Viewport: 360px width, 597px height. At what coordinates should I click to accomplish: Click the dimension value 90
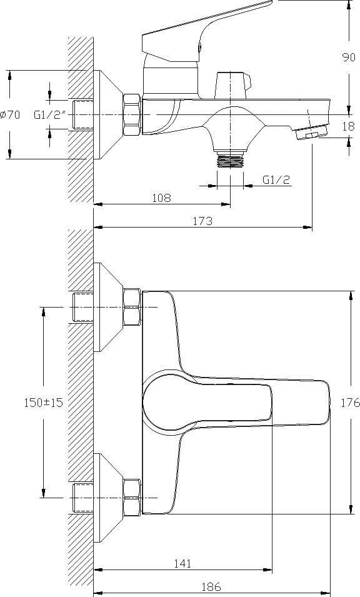pyautogui.click(x=349, y=58)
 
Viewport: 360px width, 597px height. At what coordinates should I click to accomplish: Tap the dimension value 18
pyautogui.click(x=348, y=126)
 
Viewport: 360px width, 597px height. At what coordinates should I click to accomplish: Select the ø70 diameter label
pyautogui.click(x=10, y=114)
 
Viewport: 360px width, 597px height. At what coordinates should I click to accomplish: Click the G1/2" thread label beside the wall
pyautogui.click(x=50, y=114)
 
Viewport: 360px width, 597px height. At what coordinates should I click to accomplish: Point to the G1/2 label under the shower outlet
pyautogui.click(x=276, y=179)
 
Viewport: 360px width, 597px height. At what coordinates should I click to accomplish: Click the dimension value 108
pyautogui.click(x=161, y=198)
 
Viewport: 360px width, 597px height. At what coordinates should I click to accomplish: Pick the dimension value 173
pyautogui.click(x=202, y=221)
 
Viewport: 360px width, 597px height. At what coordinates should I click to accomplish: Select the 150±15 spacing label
pyautogui.click(x=43, y=403)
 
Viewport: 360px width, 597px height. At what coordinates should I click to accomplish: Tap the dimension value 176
pyautogui.click(x=350, y=403)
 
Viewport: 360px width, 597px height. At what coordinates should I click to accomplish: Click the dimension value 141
pyautogui.click(x=182, y=563)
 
